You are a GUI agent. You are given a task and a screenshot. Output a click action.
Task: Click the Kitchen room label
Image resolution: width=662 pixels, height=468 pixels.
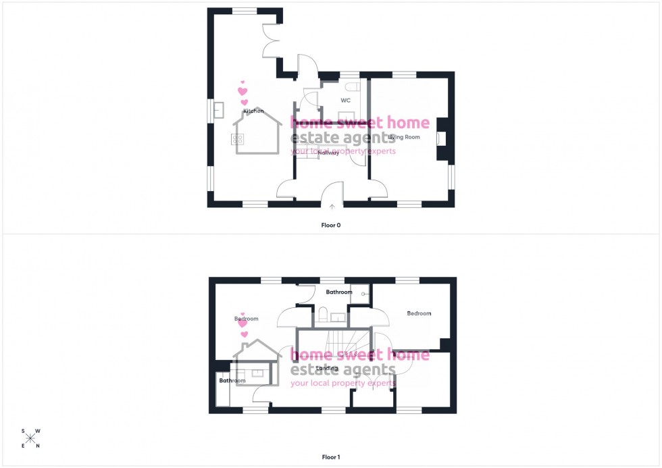tap(253, 111)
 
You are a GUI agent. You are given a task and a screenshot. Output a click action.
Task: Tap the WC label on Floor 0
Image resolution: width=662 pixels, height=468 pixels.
tap(345, 100)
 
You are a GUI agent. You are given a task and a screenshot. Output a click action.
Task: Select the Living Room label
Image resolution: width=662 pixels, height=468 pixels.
tap(404, 137)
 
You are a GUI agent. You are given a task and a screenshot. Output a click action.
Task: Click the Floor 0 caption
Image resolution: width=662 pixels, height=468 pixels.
tap(330, 225)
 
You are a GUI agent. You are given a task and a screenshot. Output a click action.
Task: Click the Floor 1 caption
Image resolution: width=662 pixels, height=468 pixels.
tap(330, 457)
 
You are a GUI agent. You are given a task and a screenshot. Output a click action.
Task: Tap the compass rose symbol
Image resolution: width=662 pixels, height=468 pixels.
tap(30, 438)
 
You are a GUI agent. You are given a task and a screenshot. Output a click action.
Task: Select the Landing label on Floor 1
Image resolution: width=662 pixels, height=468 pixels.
tap(327, 368)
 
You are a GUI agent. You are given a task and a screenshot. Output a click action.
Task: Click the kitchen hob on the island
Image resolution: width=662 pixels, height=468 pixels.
tap(238, 139)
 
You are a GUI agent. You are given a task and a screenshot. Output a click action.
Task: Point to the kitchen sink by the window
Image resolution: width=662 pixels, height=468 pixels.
tap(218, 109)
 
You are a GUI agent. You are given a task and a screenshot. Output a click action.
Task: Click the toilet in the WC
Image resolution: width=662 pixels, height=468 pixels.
tap(349, 87)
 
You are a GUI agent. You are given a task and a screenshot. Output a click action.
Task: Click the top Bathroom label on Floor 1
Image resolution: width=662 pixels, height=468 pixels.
tap(339, 292)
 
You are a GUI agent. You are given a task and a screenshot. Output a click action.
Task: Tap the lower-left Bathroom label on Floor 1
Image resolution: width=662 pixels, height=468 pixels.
tap(232, 381)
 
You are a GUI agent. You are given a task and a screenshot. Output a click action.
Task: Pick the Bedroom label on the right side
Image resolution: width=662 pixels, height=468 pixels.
tap(419, 313)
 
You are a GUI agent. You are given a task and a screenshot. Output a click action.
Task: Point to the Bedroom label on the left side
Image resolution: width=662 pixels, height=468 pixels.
tap(247, 318)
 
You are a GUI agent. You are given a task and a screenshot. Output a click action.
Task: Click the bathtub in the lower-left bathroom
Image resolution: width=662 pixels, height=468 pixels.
tap(222, 391)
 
